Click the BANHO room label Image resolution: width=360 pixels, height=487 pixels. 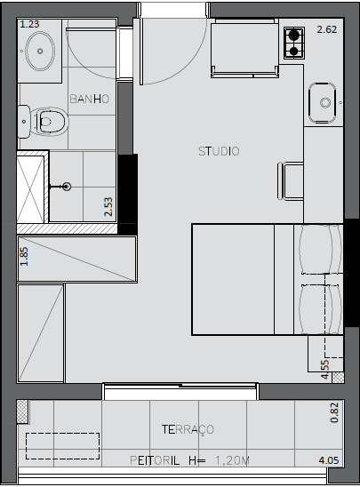tap(90, 99)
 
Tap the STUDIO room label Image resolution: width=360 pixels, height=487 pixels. tap(219, 151)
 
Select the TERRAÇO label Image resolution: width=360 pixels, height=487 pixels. tap(188, 429)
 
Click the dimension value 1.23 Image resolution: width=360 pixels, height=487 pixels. tap(29, 24)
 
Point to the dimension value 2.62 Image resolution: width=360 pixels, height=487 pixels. tap(327, 29)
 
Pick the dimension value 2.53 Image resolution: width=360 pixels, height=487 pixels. tap(108, 206)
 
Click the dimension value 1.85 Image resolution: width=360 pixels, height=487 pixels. tap(24, 256)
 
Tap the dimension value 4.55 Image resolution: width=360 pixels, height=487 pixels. tap(324, 370)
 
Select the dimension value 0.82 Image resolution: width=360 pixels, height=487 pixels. tap(334, 412)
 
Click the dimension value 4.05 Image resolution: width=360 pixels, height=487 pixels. tap(329, 460)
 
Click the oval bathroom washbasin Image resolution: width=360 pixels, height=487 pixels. tap(40, 51)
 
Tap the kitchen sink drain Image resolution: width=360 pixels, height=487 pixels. tap(325, 102)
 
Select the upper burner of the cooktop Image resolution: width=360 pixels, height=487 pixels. tap(294, 35)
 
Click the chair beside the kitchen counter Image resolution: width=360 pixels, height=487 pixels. tap(291, 180)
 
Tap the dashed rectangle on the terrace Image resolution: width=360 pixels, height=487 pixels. tap(62, 446)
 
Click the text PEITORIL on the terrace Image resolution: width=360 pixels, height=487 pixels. tap(155, 460)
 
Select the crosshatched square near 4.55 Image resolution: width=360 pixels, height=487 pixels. tap(338, 377)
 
